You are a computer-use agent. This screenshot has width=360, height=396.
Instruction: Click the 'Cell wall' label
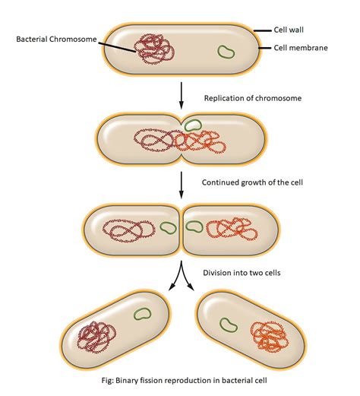coord(289,30)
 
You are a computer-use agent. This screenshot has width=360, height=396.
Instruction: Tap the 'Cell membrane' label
coord(301,48)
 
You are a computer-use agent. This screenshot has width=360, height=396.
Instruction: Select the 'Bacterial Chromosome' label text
coord(56,40)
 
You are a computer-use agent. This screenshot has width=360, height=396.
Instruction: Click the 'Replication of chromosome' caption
coord(253,98)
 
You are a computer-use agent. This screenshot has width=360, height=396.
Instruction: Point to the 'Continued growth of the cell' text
coord(252,182)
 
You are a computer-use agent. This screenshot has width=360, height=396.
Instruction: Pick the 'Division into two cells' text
coord(242,273)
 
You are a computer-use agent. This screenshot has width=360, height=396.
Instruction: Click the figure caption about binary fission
coord(184,381)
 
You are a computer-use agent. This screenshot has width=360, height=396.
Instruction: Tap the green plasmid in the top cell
coord(226,52)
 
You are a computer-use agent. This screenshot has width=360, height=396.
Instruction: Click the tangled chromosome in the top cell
coord(154,49)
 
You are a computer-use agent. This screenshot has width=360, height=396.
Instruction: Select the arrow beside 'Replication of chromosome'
coord(181,95)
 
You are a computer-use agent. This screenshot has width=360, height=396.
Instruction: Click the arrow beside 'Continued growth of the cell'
coord(181,185)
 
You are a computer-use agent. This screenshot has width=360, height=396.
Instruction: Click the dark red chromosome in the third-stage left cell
coord(129,231)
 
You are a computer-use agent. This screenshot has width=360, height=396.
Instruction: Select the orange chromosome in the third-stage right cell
coord(232,229)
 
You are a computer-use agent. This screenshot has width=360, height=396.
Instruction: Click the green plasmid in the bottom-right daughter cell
coord(229,325)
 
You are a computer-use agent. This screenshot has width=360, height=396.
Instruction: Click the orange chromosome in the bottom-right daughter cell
coord(269,337)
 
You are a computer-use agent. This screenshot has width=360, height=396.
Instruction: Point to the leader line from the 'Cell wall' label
coord(263,31)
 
